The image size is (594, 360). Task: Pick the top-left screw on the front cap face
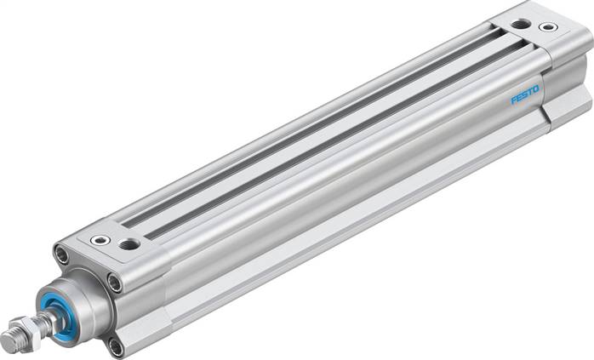coord(61,254)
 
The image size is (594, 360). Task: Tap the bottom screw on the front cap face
coord(116,345)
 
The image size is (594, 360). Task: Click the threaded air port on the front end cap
coord(129,244)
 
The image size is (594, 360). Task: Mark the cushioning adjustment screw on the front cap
coord(101,240)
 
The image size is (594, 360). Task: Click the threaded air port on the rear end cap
coord(520,23)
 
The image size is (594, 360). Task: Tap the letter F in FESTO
coord(514,100)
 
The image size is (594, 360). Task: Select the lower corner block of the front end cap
coord(136,336)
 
